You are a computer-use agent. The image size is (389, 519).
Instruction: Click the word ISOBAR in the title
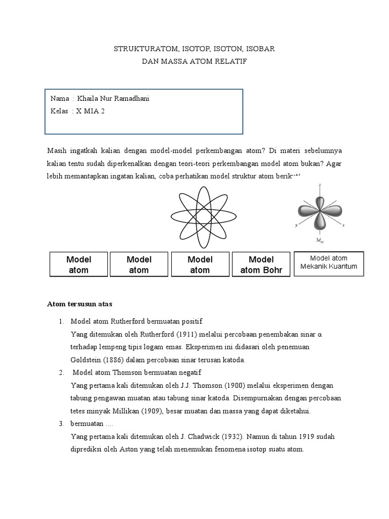259,49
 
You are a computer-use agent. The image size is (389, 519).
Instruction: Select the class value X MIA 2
90,112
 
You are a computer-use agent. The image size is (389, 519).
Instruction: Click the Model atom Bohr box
261,265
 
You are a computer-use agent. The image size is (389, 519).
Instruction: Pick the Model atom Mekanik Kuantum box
329,263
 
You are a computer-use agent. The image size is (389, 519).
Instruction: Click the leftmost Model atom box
78,265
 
